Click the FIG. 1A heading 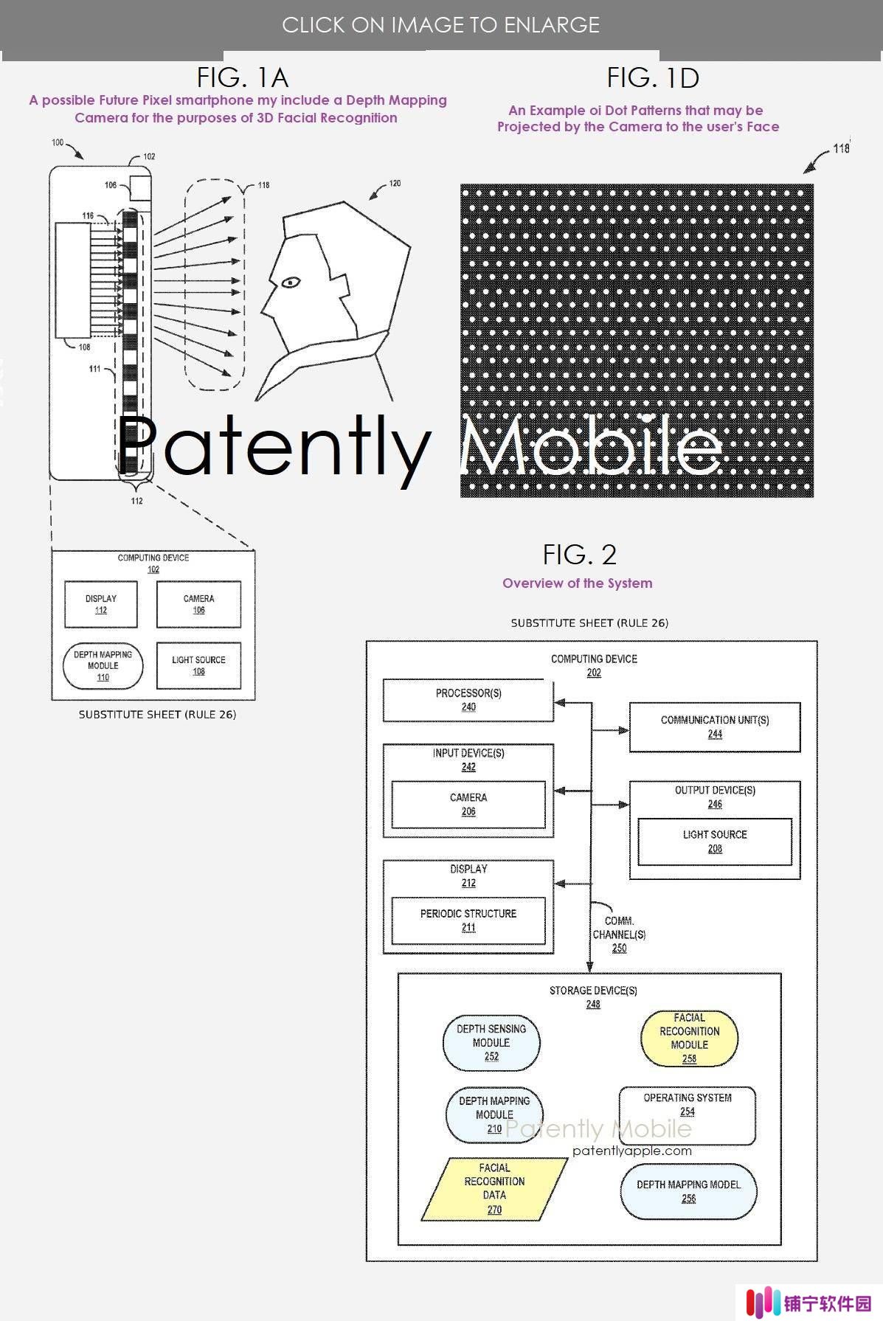(x=242, y=77)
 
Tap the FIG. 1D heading (x=653, y=77)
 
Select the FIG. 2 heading (x=579, y=554)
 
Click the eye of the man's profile (x=289, y=282)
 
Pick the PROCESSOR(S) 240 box (x=468, y=701)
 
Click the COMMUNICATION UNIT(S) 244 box (x=715, y=727)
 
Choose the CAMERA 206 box (x=468, y=805)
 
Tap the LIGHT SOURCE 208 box (x=715, y=842)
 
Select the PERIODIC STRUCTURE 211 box (x=468, y=920)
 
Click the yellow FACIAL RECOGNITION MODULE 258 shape (x=689, y=1038)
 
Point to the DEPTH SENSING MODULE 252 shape (x=491, y=1043)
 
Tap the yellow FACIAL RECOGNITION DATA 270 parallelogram (x=494, y=1188)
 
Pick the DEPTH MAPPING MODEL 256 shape (x=688, y=1191)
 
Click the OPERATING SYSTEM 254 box (x=688, y=1115)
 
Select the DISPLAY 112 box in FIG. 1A (x=101, y=604)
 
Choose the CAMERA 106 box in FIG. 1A (x=198, y=604)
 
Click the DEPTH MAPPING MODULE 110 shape (x=103, y=666)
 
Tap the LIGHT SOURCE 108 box (x=198, y=666)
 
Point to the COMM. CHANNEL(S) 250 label (x=619, y=935)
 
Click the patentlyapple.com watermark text (x=632, y=1151)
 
